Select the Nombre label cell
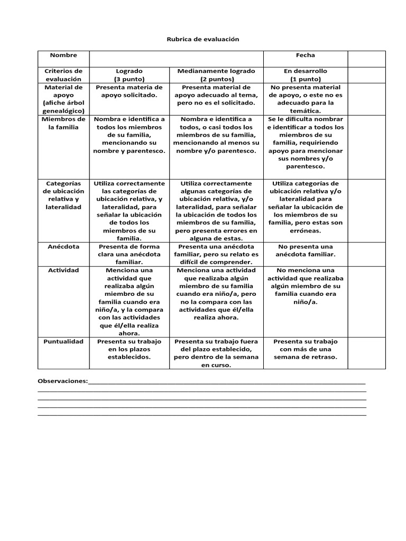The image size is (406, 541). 63,55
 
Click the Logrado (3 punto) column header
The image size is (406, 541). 129,74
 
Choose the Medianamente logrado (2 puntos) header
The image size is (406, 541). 216,74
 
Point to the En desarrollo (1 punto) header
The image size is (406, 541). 305,74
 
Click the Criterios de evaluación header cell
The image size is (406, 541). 63,74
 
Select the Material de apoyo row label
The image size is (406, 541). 63,99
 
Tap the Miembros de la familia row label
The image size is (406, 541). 63,123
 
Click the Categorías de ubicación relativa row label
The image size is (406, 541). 63,195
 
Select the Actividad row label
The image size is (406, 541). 63,270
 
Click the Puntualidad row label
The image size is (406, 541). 63,341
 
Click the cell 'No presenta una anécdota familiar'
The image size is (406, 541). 305,250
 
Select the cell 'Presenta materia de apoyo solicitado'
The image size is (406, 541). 129,91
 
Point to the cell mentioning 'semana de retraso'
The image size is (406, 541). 305,349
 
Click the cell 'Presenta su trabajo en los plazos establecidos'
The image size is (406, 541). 129,349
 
